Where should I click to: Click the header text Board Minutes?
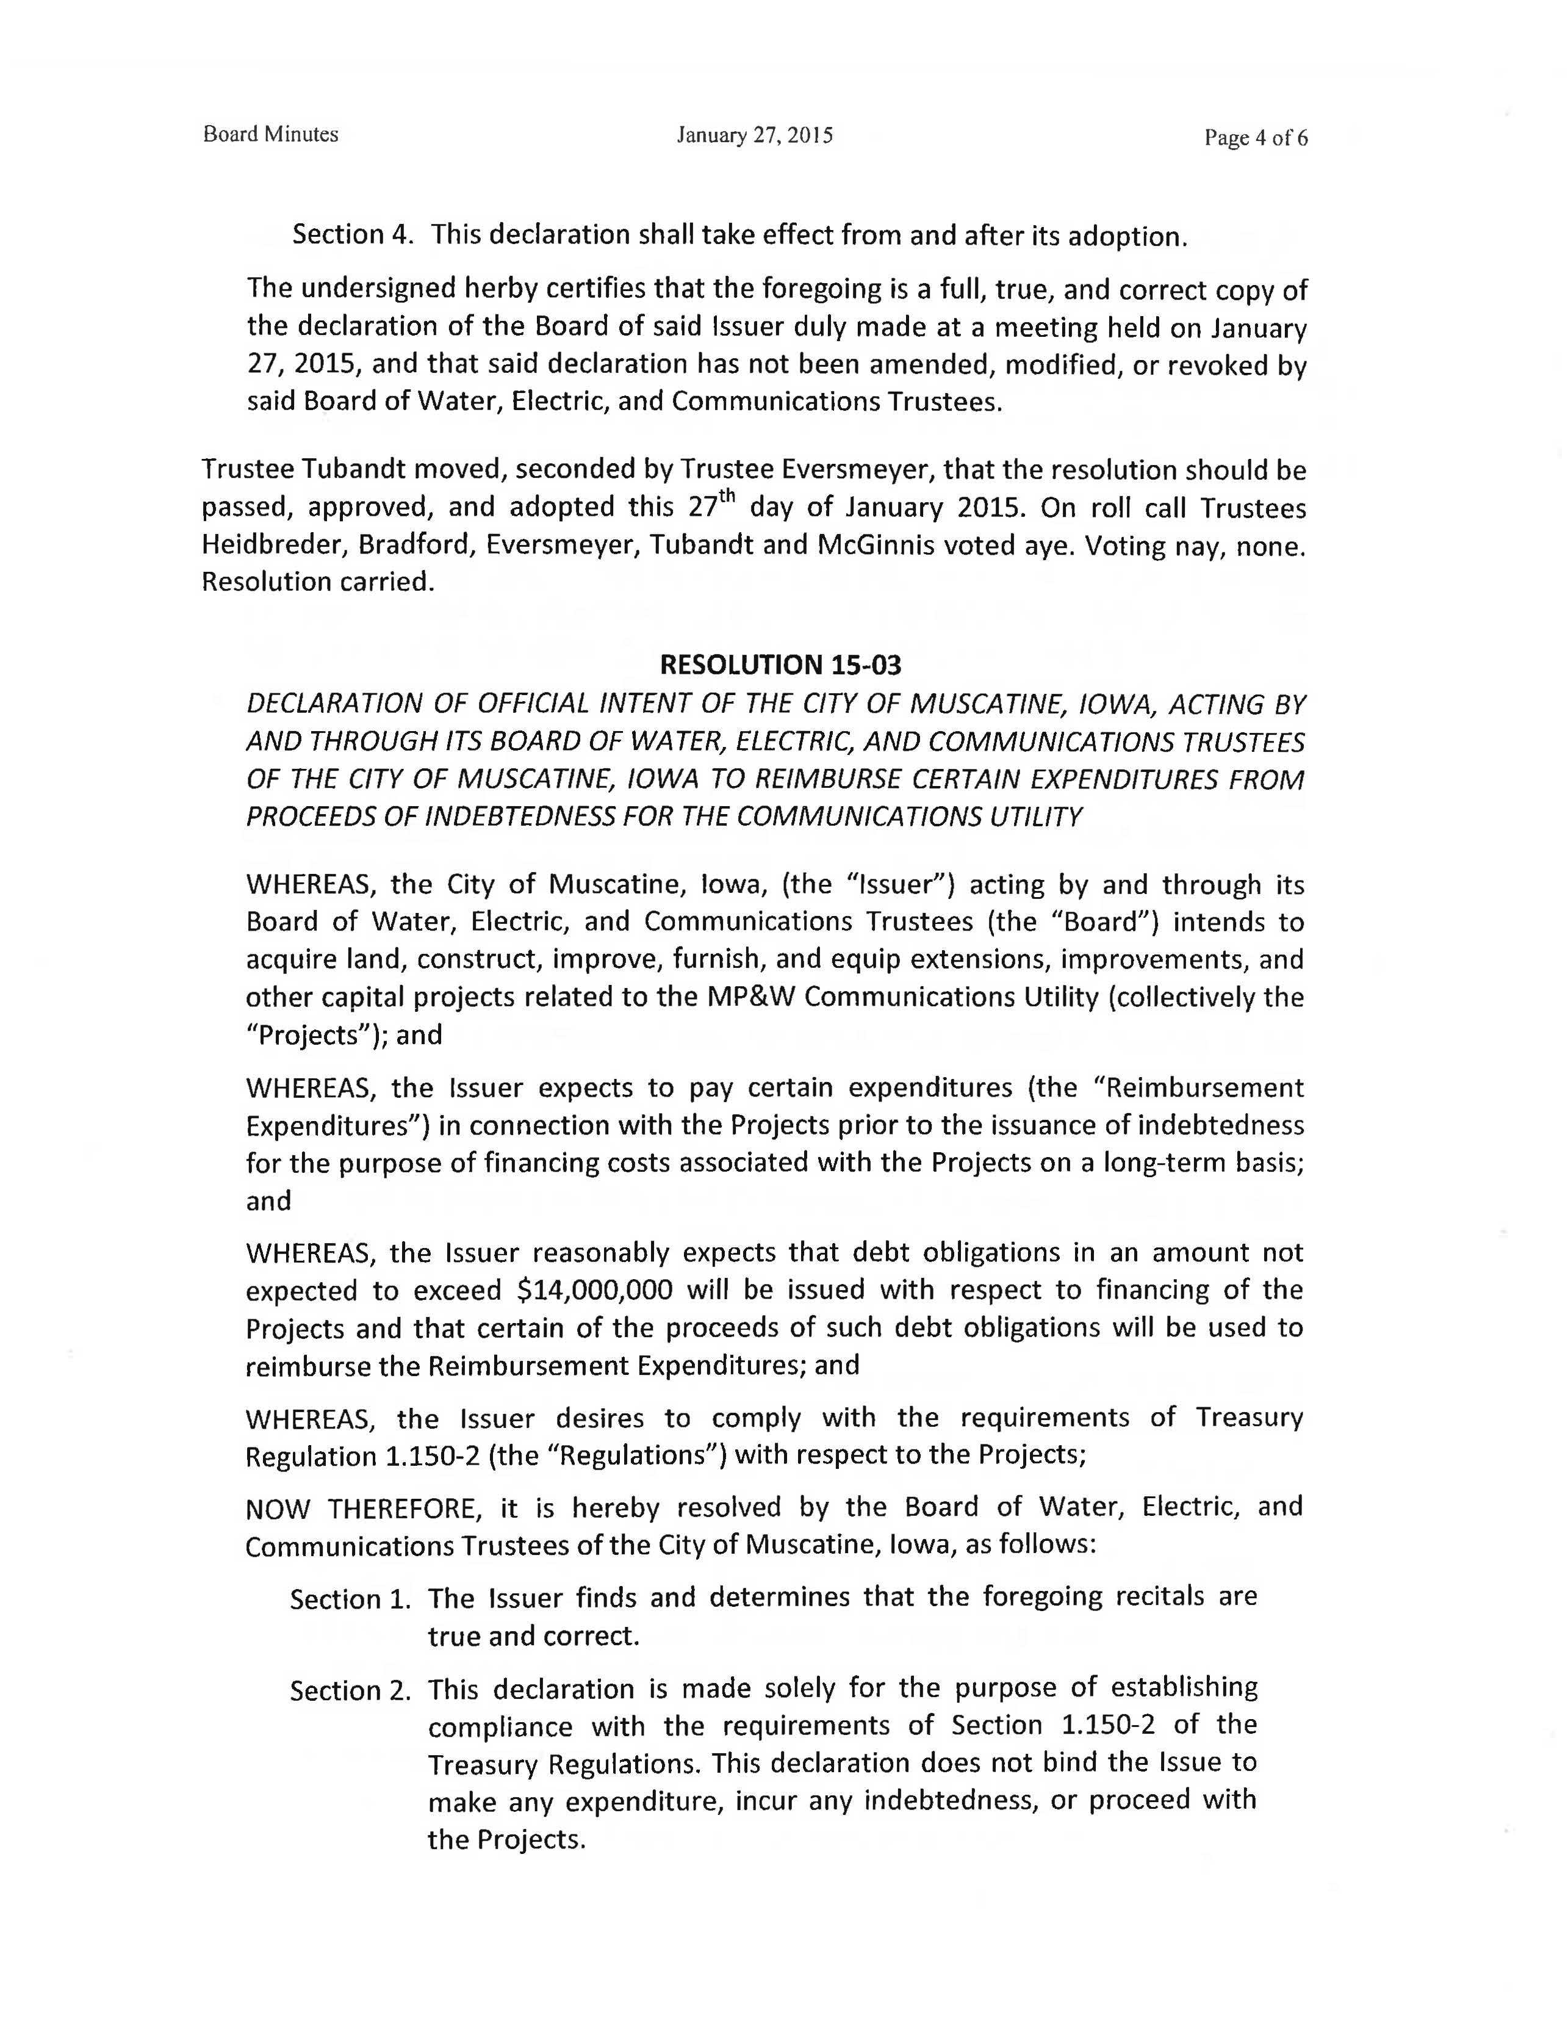pyautogui.click(x=270, y=134)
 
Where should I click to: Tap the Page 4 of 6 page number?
pyautogui.click(x=1255, y=138)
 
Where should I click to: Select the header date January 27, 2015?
pyautogui.click(x=754, y=135)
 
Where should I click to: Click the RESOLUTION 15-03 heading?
pyautogui.click(x=780, y=665)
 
